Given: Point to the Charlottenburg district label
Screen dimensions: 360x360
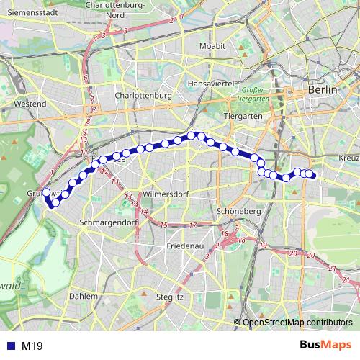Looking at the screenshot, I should click(143, 95).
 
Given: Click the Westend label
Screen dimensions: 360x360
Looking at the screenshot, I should click(29, 104).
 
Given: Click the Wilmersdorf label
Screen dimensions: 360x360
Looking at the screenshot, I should click(166, 194).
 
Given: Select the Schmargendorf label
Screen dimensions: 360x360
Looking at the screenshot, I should click(108, 222).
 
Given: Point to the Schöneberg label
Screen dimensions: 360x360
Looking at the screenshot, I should click(238, 211).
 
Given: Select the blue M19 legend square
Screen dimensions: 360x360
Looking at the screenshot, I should click(9, 346).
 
